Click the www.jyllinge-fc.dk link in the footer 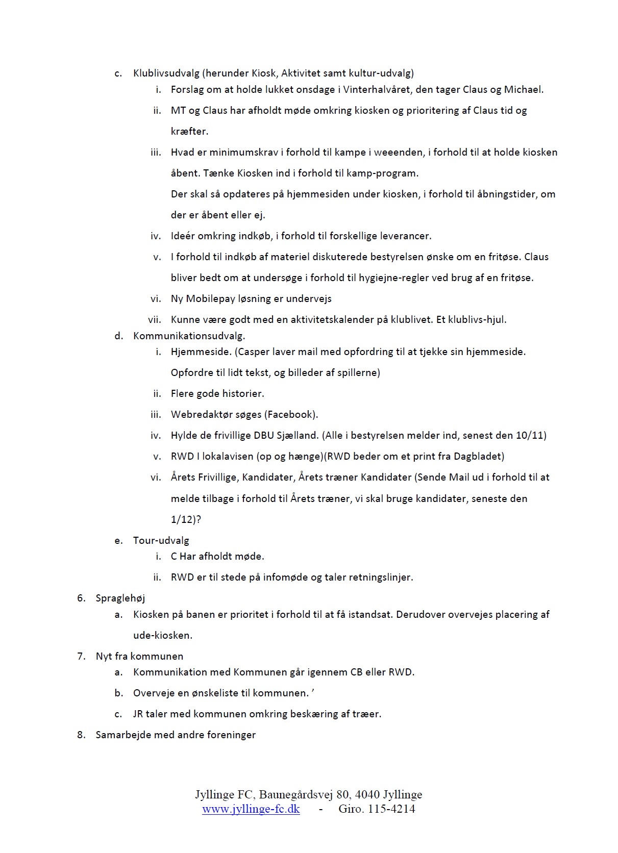(251, 809)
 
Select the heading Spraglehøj (120, 598)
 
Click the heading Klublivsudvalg (166, 73)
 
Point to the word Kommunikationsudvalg (189, 336)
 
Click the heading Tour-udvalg (161, 540)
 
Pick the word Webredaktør (200, 414)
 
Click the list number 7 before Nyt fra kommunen (81, 657)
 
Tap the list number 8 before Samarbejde (81, 735)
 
